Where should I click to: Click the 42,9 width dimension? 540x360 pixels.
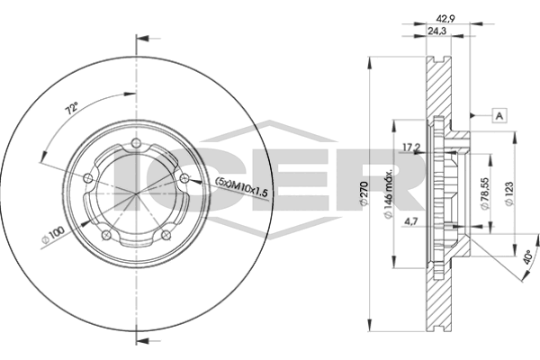point(443,18)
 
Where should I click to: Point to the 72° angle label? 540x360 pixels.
point(71,109)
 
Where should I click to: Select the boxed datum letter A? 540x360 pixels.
point(499,115)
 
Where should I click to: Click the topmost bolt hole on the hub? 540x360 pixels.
point(135,147)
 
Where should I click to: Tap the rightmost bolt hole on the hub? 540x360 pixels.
point(184,181)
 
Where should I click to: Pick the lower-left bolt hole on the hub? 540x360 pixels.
point(105,237)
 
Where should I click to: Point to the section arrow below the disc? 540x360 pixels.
point(141,340)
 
